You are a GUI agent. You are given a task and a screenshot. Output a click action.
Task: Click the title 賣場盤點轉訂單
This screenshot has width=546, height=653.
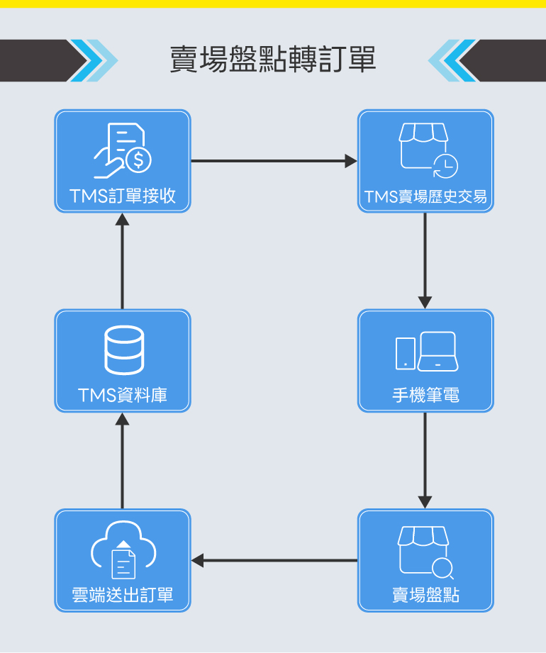[x=273, y=60]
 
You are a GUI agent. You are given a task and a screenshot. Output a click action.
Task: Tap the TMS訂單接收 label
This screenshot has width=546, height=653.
[x=123, y=196]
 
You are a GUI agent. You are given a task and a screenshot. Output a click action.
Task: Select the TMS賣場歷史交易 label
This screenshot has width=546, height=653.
[x=425, y=196]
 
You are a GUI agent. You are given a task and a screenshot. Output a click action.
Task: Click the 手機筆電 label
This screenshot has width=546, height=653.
[x=425, y=395]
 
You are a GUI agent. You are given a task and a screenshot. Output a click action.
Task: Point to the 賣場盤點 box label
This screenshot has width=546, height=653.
[x=425, y=595]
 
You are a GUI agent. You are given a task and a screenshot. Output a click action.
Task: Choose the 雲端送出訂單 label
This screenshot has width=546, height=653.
[x=123, y=595]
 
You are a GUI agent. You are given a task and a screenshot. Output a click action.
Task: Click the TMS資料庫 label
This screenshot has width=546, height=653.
[x=123, y=395]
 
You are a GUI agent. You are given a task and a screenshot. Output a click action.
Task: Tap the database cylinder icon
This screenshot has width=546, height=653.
[x=123, y=351]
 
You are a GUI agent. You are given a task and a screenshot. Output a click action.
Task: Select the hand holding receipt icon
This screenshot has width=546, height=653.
[x=123, y=151]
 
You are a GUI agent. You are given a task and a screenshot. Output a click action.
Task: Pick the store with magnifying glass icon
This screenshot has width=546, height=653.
[x=425, y=552]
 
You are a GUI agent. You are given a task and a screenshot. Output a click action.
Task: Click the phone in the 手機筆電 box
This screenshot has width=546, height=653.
[x=405, y=353]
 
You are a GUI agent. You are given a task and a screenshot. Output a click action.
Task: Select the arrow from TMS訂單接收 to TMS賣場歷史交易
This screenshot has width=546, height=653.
[x=274, y=161]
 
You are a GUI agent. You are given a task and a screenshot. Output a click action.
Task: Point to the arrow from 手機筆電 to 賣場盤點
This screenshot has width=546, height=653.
[x=425, y=460]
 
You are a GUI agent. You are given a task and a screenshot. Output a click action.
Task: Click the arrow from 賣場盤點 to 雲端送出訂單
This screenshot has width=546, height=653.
[x=274, y=560]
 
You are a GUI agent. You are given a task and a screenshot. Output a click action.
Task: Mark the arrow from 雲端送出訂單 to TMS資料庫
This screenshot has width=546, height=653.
[x=123, y=460]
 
